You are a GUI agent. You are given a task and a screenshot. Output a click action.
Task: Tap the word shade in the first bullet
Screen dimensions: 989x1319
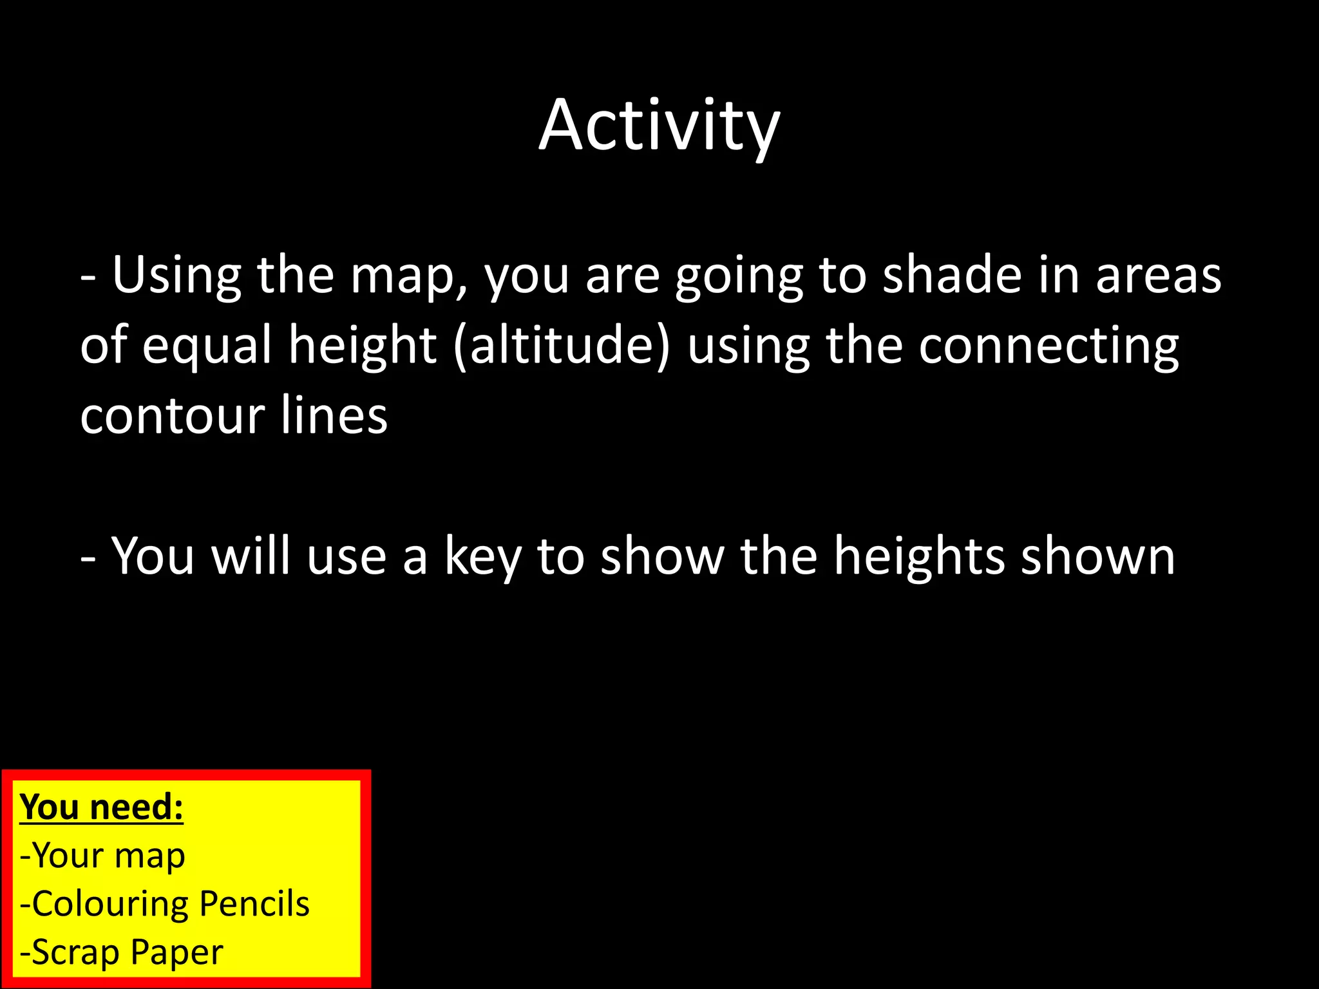coord(951,276)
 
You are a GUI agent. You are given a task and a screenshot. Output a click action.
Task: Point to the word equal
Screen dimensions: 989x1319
coord(207,346)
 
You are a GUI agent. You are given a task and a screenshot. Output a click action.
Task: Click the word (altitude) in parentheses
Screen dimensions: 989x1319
coord(562,346)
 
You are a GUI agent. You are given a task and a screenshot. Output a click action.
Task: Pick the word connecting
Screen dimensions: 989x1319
coord(1049,346)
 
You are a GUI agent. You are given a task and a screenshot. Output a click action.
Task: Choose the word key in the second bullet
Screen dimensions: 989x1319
coord(483,557)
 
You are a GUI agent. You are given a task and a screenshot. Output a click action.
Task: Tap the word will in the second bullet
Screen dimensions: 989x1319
coord(251,556)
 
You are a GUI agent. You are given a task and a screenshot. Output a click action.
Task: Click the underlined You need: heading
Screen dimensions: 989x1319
coord(102,807)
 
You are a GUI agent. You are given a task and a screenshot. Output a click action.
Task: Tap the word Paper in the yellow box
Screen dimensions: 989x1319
coord(176,953)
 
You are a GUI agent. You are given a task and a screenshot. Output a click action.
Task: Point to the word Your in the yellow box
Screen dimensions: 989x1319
coord(68,855)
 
